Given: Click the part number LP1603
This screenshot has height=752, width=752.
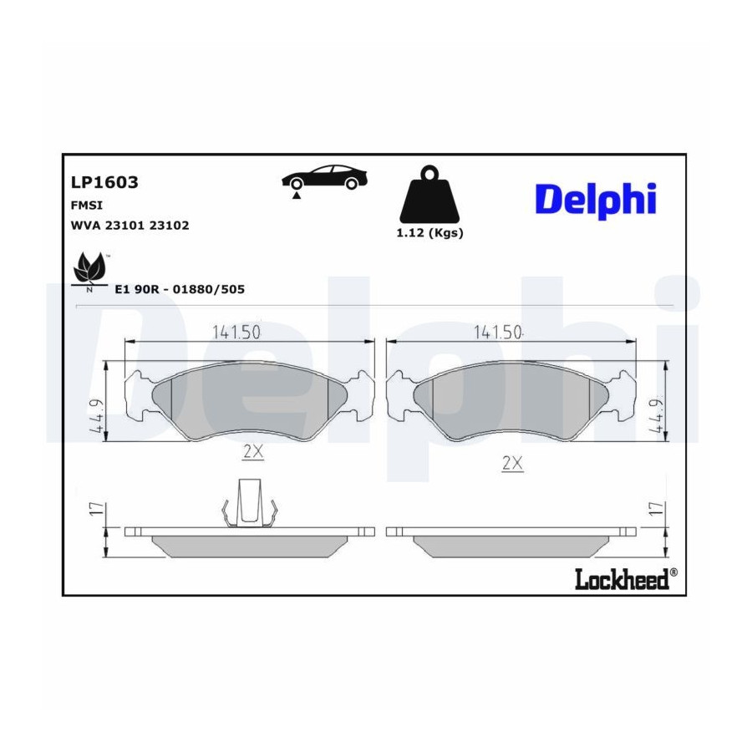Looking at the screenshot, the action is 104,182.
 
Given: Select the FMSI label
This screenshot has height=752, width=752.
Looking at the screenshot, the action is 87,206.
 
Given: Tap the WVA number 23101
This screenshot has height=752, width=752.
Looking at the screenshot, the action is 124,225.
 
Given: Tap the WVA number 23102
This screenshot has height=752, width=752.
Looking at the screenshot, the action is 170,225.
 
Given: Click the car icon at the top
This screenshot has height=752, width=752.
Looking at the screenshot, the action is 324,180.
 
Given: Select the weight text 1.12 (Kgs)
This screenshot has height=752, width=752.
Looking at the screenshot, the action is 429,233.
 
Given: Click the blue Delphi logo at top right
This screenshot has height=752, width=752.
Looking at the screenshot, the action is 596,200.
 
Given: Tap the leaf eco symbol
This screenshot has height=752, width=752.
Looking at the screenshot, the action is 89,270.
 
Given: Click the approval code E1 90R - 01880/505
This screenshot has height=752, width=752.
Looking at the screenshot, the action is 180,289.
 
